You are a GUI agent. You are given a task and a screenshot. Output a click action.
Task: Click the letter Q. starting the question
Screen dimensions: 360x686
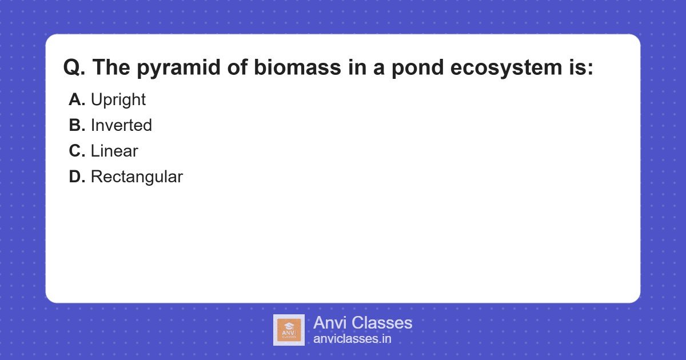74,68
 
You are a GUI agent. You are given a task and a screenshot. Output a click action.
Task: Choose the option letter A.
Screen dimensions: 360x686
77,100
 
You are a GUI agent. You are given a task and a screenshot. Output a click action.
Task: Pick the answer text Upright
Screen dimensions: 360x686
118,100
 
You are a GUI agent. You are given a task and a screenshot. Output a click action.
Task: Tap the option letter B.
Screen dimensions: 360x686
77,126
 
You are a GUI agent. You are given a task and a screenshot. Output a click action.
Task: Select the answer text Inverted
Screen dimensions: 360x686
121,126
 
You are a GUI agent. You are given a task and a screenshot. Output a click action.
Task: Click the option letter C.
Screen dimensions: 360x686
77,151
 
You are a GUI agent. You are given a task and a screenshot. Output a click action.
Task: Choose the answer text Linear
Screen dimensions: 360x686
114,151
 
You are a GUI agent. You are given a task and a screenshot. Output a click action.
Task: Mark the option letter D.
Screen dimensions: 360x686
77,177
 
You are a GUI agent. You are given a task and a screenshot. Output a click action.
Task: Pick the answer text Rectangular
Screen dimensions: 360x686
137,177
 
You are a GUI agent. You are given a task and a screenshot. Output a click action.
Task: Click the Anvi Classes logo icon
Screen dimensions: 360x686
289,330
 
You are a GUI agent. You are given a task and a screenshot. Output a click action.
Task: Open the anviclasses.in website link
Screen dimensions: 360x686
352,339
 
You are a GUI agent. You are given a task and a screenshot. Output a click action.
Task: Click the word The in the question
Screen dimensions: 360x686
111,68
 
